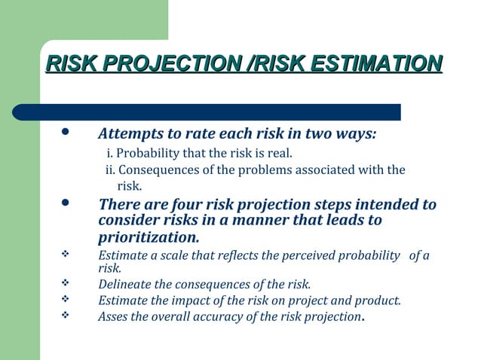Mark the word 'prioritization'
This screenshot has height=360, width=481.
(148, 237)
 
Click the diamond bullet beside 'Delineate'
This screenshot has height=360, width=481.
(65, 284)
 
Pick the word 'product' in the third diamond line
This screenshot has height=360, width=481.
(379, 301)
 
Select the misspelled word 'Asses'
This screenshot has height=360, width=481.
(113, 316)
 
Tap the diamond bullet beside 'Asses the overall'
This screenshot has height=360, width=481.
(65, 316)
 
